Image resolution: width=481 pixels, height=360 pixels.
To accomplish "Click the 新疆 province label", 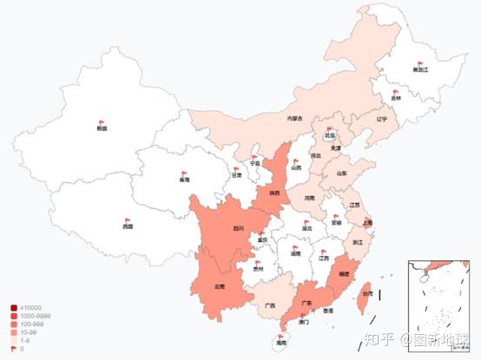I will pyautogui.click(x=102, y=128).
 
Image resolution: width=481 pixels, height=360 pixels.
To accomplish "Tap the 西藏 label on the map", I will pyautogui.click(x=128, y=226).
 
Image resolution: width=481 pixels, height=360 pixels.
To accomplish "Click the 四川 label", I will pyautogui.click(x=238, y=229).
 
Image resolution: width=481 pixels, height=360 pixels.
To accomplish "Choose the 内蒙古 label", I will pyautogui.click(x=295, y=118).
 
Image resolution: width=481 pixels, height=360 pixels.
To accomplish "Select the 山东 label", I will pyautogui.click(x=341, y=173).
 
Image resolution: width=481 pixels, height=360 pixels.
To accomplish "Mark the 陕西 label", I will pyautogui.click(x=273, y=193).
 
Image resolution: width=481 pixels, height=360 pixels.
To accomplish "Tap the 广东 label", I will pyautogui.click(x=306, y=304).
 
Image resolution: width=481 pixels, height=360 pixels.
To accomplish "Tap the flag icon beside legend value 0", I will pyautogui.click(x=14, y=348).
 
